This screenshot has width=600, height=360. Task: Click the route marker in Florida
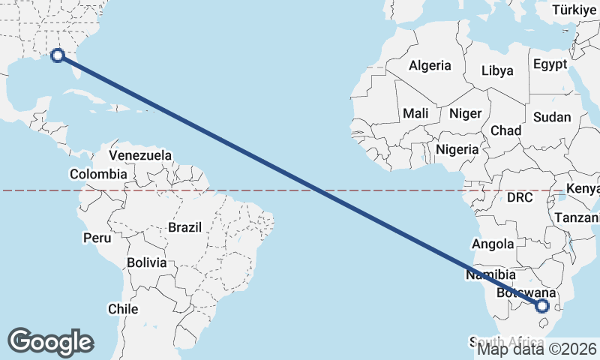[x=57, y=55]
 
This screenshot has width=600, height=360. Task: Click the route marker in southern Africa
[x=542, y=305]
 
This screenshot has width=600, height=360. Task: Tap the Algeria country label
[x=430, y=65]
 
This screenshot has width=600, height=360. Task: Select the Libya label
[x=497, y=70]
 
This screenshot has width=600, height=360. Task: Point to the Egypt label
[x=550, y=64]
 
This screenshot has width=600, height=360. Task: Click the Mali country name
[x=415, y=113]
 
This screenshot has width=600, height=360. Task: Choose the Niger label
[x=464, y=114]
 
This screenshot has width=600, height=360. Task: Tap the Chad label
[x=505, y=130]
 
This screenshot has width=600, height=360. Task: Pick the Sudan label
[x=552, y=117]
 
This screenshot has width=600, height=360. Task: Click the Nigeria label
[x=457, y=149]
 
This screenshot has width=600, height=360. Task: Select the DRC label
[x=519, y=198]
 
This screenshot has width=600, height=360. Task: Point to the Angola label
[x=493, y=244]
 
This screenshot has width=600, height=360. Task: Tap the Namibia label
[x=490, y=275]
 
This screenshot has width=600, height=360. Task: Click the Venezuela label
[x=140, y=155]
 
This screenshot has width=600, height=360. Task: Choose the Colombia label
[x=98, y=174]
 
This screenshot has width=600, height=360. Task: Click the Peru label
[x=97, y=238]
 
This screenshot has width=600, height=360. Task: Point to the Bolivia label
[x=146, y=262]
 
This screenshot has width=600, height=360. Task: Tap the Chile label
[x=123, y=308]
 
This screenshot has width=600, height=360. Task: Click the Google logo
[x=50, y=342]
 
